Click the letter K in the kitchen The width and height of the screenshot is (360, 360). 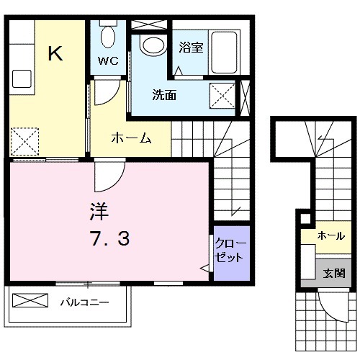pos(54,54)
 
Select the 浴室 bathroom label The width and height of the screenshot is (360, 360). pos(191,49)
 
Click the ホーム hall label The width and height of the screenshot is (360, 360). pos(130,139)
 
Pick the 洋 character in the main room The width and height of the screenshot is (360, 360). pos(99,212)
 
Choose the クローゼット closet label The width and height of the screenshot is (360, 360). pos(230,251)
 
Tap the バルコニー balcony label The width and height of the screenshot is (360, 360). pos(84,303)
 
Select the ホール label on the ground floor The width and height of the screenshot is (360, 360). pos(330,235)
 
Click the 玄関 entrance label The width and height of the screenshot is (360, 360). pos(333,274)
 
